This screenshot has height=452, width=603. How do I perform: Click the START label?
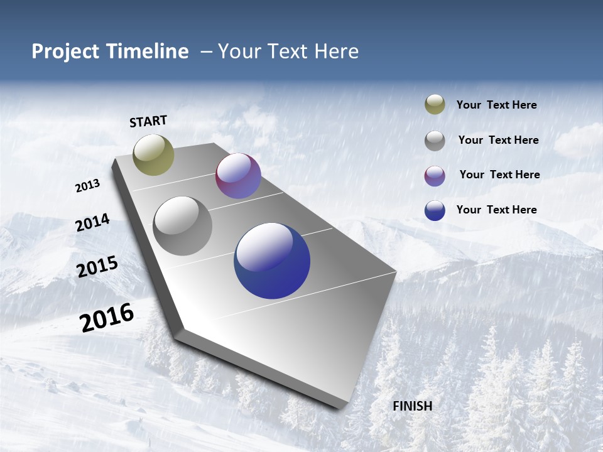[x=148, y=121]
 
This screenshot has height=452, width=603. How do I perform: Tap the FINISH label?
[x=413, y=406]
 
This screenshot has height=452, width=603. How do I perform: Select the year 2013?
[x=87, y=186]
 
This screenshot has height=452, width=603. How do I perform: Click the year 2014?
[x=92, y=223]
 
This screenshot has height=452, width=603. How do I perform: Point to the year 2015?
[x=97, y=267]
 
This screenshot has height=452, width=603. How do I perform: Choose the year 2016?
[x=107, y=318]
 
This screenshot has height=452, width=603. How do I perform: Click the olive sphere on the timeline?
[x=153, y=154]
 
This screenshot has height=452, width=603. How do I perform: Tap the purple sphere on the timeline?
[x=238, y=176]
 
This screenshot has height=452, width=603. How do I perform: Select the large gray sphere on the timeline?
[x=183, y=226]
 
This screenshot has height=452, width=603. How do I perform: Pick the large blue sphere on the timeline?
[x=272, y=261]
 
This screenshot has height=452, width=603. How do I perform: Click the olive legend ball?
[x=435, y=104]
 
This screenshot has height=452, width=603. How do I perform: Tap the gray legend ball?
[x=435, y=141]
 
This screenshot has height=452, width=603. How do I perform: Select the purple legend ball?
[x=435, y=176]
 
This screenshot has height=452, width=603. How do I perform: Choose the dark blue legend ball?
[x=435, y=210]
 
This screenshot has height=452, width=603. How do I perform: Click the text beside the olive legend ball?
[x=496, y=105]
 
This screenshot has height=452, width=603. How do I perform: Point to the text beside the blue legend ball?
[x=496, y=210]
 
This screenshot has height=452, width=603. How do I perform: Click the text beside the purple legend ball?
[x=499, y=175]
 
